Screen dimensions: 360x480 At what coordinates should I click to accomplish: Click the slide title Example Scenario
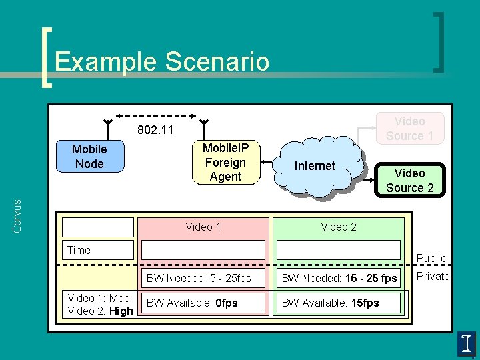tap(162, 61)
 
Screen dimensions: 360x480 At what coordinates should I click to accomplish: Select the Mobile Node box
tap(89, 157)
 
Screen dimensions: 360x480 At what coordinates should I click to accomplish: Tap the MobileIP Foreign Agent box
tap(225, 162)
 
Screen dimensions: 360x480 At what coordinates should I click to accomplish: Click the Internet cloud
tap(315, 167)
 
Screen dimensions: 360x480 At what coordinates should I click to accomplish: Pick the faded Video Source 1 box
tap(409, 128)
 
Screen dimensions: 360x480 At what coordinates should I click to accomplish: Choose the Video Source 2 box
tap(409, 180)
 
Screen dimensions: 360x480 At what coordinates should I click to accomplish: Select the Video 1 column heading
tap(203, 227)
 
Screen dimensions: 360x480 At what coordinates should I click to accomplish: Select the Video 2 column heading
tap(339, 227)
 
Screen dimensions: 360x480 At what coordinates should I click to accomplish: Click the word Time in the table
tap(79, 250)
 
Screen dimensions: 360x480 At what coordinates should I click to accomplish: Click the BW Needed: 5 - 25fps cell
tap(203, 278)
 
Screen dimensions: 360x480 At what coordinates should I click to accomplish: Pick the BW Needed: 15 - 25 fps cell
tap(339, 278)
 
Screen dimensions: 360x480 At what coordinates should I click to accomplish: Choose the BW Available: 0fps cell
tap(203, 303)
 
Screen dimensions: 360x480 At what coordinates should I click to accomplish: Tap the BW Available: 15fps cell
tap(339, 303)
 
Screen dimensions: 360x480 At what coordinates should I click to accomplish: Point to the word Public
tap(431, 258)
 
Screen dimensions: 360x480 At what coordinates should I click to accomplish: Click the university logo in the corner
tap(467, 343)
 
